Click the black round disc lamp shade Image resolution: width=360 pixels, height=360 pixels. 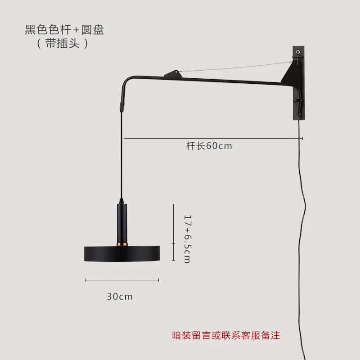[122, 254]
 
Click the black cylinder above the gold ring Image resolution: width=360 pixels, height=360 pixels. [122, 223]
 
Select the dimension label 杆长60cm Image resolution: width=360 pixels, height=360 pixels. [209, 146]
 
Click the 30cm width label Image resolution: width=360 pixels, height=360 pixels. [120, 297]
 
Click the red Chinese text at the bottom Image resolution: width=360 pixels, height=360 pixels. [226, 335]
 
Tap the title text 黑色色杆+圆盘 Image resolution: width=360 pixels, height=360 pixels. [64, 31]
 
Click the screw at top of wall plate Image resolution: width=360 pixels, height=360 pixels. [298, 54]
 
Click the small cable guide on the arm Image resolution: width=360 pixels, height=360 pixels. [172, 73]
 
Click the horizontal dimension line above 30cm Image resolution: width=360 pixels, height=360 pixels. [122, 280]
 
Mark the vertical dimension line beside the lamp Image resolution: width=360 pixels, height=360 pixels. [174, 232]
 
